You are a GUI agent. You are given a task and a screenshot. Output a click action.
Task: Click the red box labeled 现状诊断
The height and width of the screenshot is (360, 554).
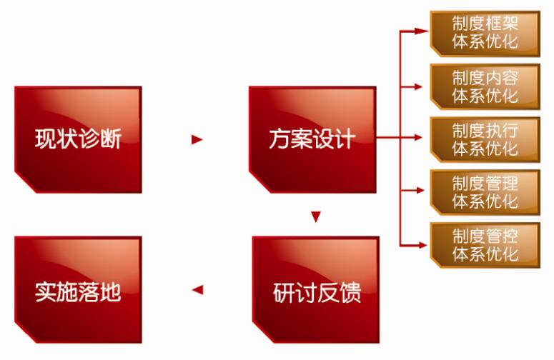point(77,139)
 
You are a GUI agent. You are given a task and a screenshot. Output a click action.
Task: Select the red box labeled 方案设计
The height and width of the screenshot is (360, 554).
point(312,139)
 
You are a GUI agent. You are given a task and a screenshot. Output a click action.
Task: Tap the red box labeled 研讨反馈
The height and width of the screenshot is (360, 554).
point(315,291)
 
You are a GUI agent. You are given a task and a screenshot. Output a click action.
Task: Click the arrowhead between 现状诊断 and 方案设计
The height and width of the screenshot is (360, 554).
point(197,140)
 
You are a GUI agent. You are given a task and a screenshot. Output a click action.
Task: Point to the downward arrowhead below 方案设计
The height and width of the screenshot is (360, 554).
point(315,216)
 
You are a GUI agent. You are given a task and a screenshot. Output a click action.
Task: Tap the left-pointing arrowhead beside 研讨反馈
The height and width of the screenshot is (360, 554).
point(197,290)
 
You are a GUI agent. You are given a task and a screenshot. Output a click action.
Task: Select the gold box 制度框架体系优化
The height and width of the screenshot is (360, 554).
point(485,31)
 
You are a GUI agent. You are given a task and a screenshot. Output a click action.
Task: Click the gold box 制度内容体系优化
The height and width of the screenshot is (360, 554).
point(485,86)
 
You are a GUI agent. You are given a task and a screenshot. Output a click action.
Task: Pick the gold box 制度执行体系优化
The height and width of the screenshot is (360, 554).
point(485,139)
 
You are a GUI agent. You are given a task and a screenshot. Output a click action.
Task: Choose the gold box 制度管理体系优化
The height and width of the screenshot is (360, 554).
point(485,191)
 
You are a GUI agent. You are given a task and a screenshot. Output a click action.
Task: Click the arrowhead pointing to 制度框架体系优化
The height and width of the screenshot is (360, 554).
point(422,31)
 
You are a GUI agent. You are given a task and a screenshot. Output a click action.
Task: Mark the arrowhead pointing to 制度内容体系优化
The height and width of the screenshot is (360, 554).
point(422,86)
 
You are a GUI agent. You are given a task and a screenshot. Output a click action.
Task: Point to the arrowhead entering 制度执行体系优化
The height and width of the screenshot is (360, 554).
point(422,139)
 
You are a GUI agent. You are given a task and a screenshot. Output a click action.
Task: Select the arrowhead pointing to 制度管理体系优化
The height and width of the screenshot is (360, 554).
point(422,191)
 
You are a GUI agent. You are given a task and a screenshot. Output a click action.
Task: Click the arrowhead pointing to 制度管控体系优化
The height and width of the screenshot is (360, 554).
point(422,244)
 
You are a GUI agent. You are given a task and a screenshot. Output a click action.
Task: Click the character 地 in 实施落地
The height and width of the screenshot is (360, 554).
point(110,291)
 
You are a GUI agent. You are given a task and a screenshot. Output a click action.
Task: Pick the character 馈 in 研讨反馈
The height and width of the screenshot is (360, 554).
point(349,291)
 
